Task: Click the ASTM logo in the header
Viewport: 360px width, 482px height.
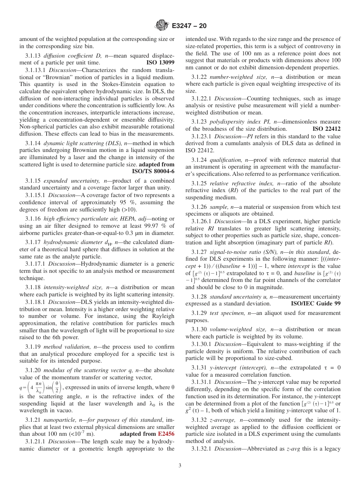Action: pos(162,26)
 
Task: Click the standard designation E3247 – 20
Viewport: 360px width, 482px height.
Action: pos(189,26)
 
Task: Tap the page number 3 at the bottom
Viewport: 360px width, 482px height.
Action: pos(180,465)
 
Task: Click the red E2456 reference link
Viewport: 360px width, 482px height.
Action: pos(166,434)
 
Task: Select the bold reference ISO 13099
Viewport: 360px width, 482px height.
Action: pos(160,63)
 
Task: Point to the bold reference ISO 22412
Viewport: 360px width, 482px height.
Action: pos(326,129)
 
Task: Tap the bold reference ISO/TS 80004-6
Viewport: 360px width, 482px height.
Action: pos(153,171)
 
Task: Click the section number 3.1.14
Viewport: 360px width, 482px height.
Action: pos(33,143)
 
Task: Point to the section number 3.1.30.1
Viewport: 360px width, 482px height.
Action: pos(202,344)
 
